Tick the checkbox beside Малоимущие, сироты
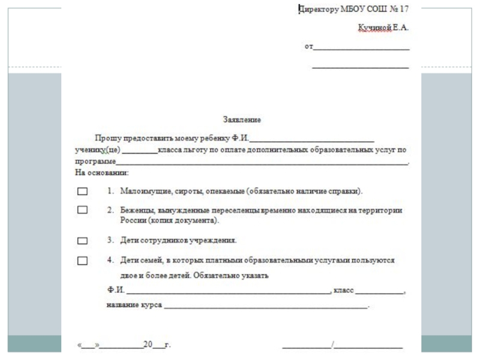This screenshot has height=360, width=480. click(x=82, y=192)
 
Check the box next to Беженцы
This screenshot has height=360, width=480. click(x=82, y=211)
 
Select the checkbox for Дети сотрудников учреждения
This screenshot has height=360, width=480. click(x=82, y=241)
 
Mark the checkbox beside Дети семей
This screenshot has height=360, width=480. click(x=82, y=261)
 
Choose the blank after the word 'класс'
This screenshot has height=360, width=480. click(x=379, y=292)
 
